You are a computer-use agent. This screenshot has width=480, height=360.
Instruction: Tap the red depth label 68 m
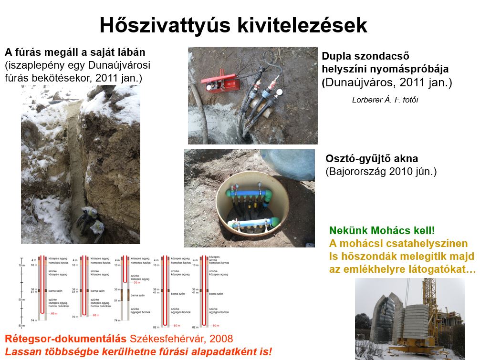click(96, 315)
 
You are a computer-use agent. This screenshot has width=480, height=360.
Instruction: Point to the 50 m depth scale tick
click(21, 299)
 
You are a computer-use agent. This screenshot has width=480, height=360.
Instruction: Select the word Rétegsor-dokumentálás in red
click(65, 339)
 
